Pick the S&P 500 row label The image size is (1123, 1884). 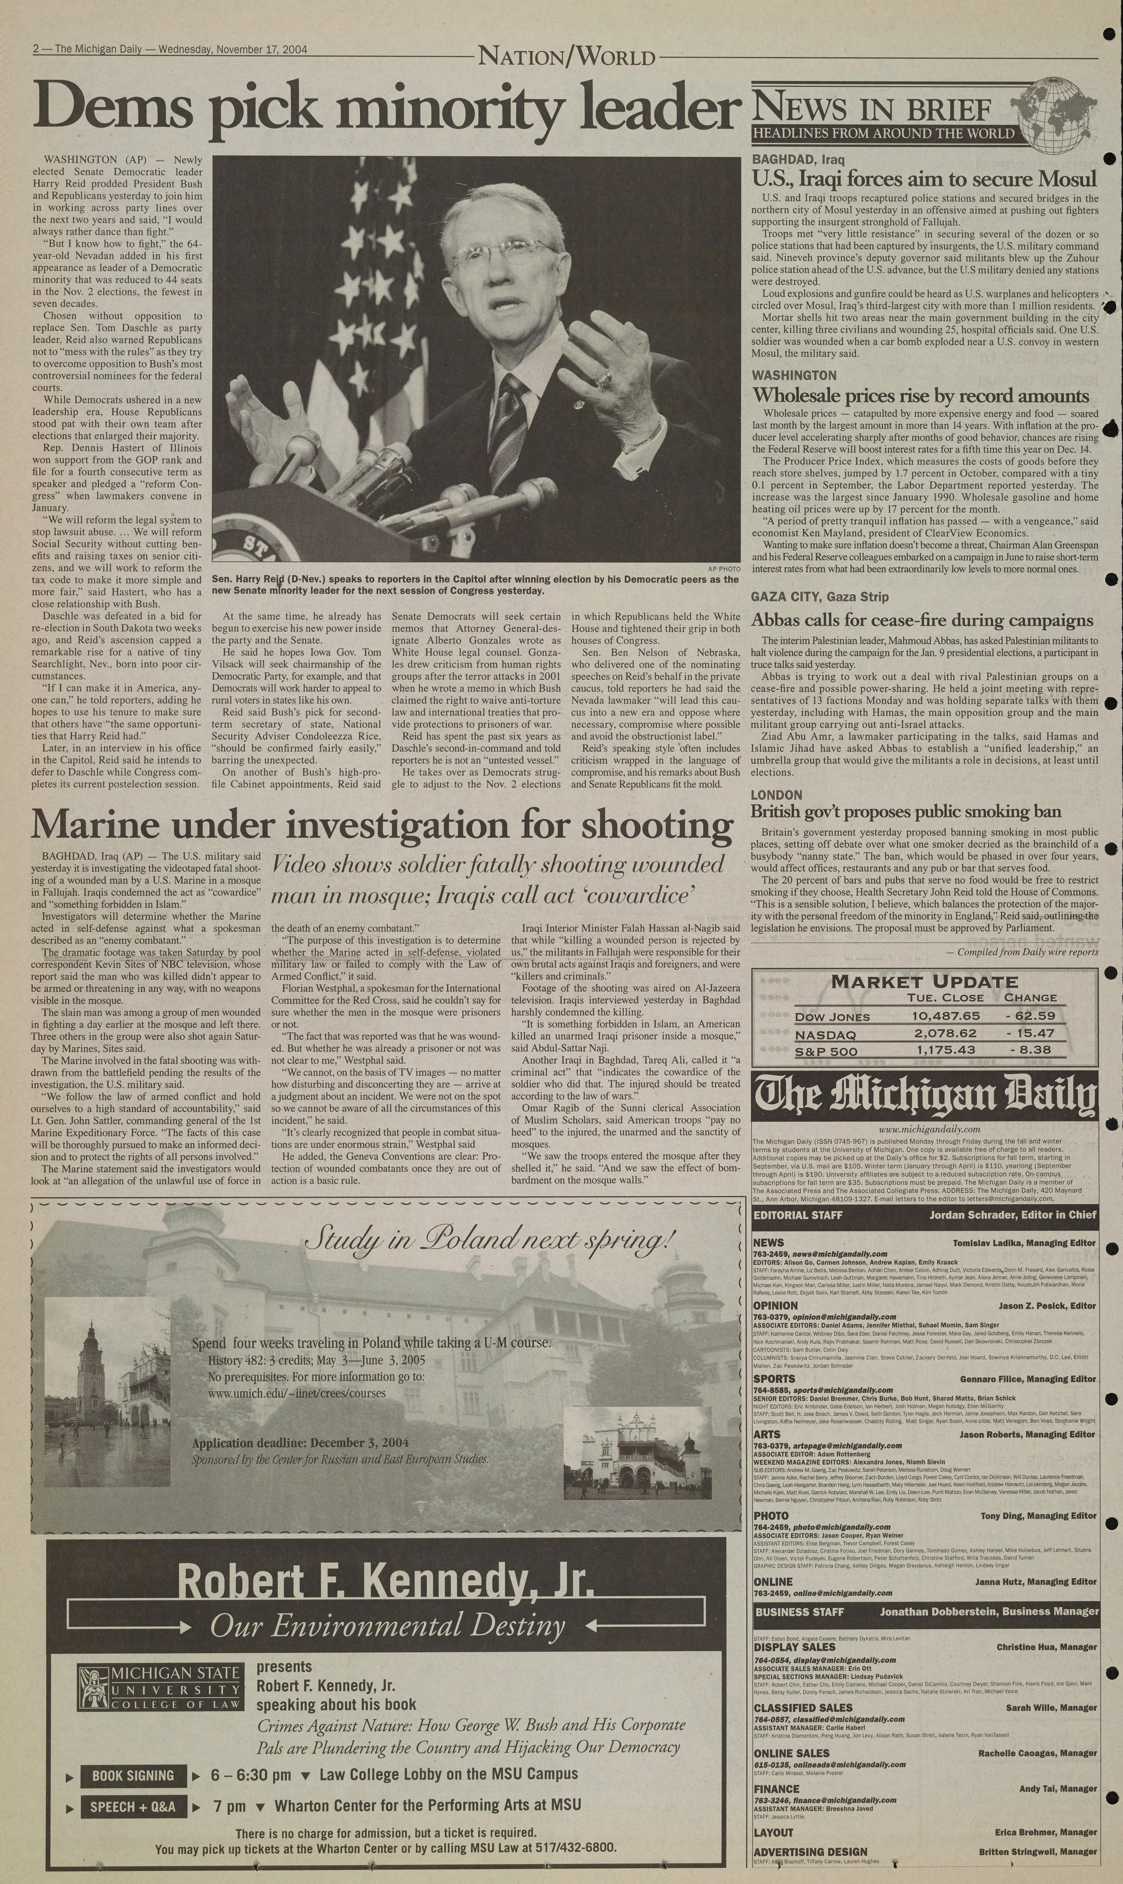coord(826,1051)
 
